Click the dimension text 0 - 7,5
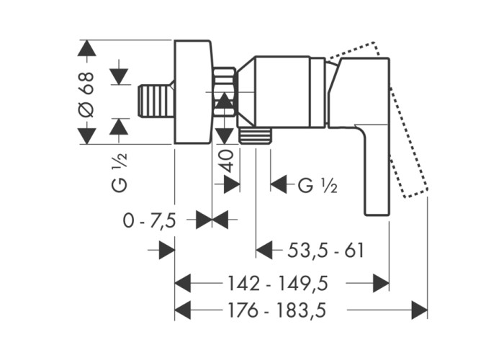click(149, 220)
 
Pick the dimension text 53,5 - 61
click(326, 251)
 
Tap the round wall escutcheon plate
click(193, 91)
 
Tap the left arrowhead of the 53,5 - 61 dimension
click(265, 251)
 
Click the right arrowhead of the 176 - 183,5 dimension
click(419, 310)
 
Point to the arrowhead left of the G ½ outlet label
click(279, 185)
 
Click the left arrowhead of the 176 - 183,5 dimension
click(184, 310)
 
